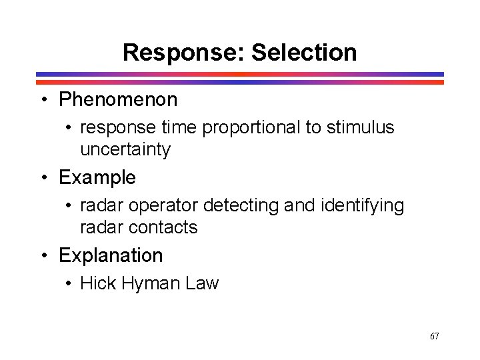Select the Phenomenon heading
[118, 100]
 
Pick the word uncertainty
[125, 149]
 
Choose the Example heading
[97, 178]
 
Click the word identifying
[362, 206]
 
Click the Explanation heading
[111, 255]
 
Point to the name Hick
[95, 283]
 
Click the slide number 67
[435, 336]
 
